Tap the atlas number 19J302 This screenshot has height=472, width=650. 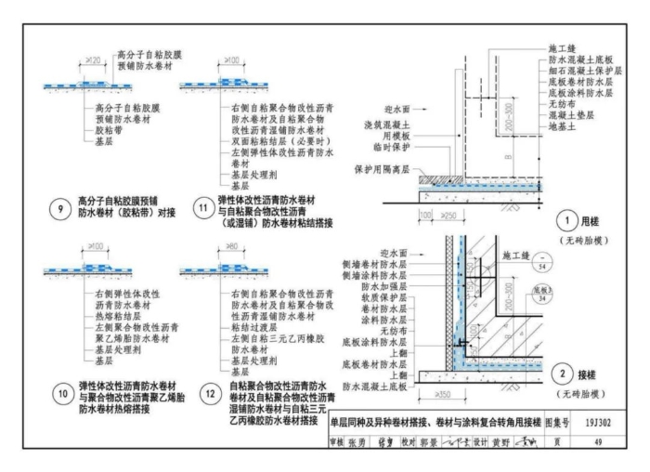click(591, 419)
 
